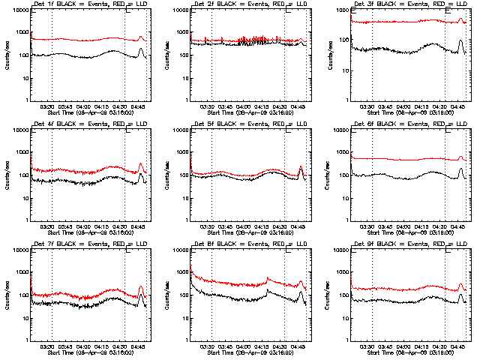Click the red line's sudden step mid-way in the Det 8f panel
[x=267, y=279]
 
